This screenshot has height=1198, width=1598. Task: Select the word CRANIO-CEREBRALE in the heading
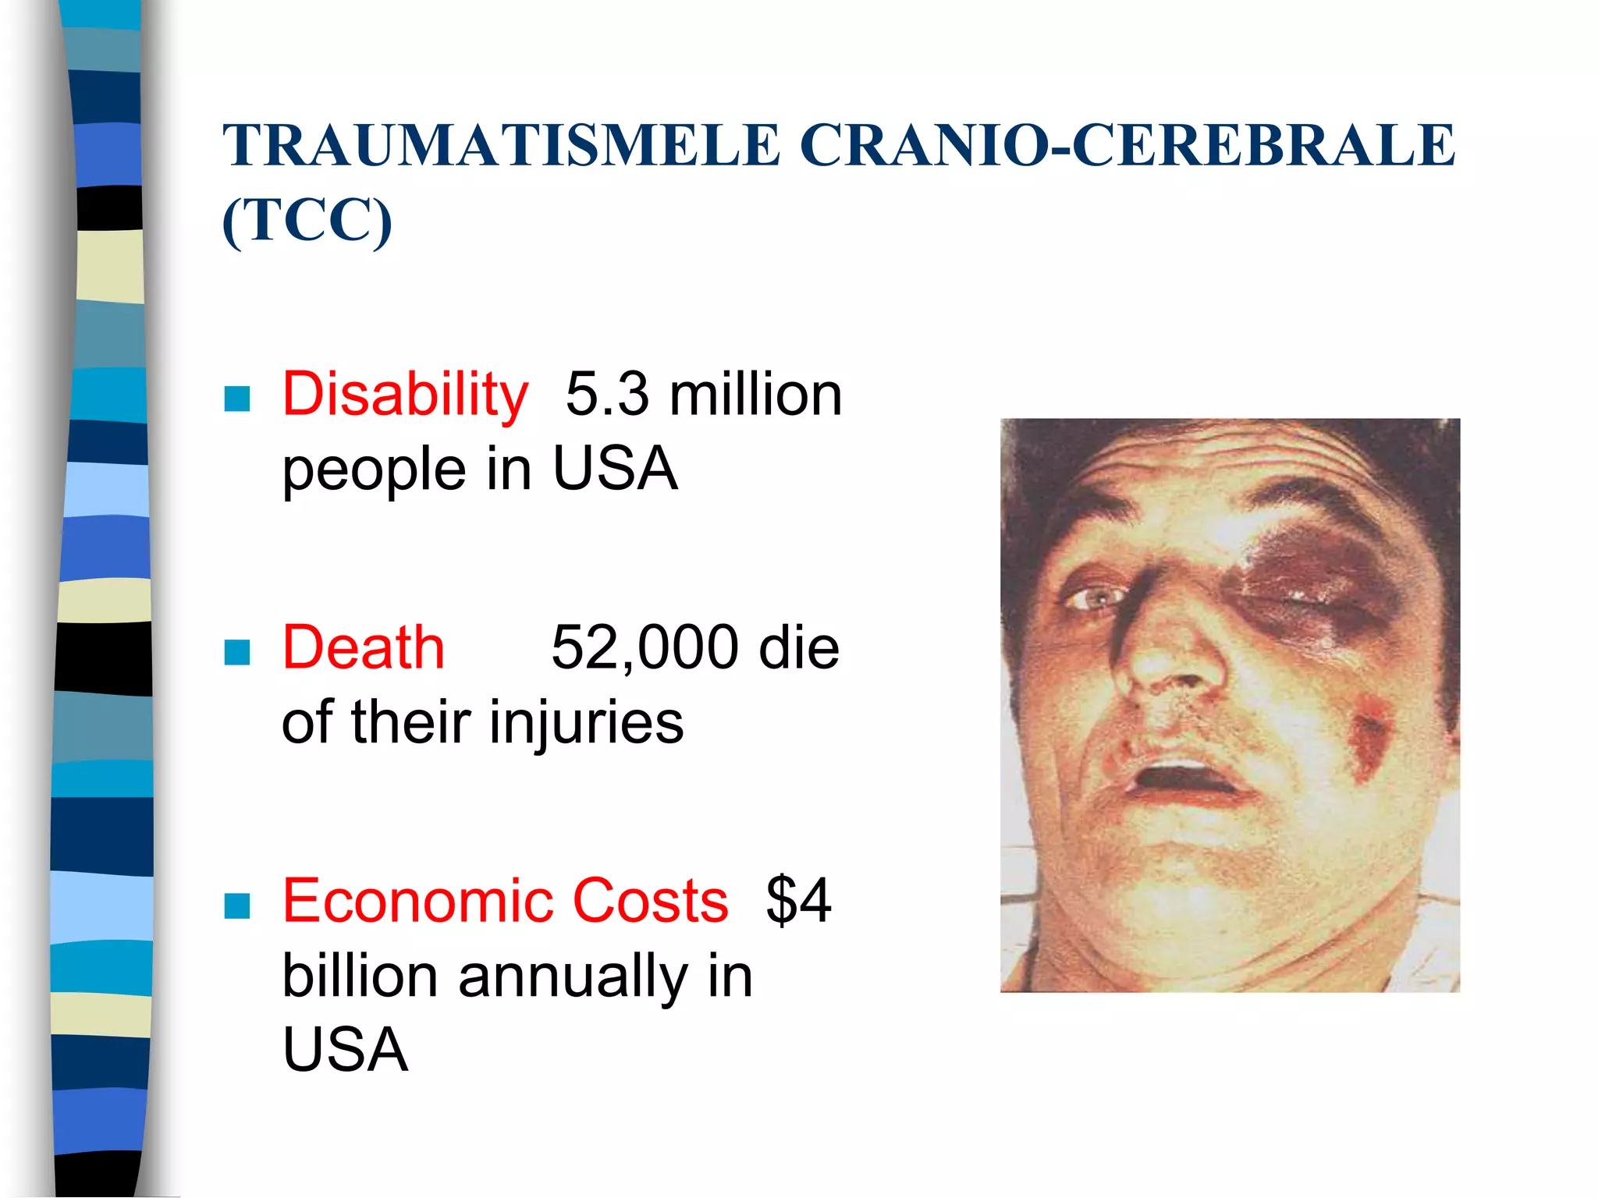[1127, 146]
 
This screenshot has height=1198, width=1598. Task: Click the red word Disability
[405, 395]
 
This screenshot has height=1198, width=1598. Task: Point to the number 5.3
[606, 395]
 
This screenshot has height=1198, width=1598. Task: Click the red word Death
[363, 647]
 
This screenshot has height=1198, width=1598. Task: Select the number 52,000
[645, 647]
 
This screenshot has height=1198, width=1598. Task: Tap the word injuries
[586, 722]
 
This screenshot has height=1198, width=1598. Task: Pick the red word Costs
[650, 901]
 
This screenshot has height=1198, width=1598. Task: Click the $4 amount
[798, 901]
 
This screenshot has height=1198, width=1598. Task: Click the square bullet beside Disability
[236, 399]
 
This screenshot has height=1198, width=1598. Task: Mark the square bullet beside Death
[236, 652]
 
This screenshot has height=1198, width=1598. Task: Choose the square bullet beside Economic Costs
[236, 906]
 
